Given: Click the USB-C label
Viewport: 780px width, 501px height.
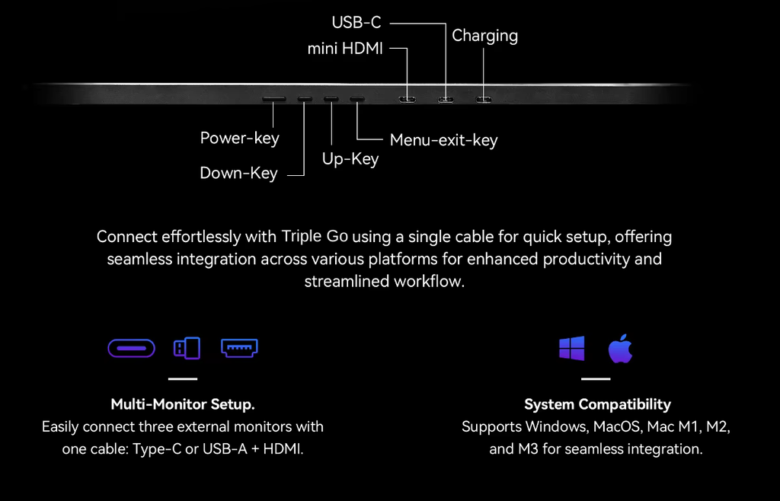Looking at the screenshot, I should point(356,23).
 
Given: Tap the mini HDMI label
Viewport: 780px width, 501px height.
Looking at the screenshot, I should point(344,49).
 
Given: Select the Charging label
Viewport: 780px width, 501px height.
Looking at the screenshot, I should point(484,36).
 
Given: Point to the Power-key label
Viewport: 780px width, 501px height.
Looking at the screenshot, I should point(239,139).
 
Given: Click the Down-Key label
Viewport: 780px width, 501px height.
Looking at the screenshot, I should point(238,174).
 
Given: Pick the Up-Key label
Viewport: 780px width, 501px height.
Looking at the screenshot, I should point(350,159).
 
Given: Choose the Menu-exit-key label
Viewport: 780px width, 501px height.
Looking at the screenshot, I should point(443,140).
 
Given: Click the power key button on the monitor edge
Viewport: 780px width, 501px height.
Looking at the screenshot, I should point(274,99).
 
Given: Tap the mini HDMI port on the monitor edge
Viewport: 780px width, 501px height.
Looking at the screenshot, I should point(408,99).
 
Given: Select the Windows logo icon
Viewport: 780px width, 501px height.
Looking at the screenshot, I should point(571,349).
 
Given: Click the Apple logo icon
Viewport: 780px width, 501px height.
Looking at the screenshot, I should point(620,349).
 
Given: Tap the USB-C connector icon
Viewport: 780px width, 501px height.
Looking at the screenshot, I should point(131,349).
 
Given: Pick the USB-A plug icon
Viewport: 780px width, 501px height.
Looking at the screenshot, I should point(187,349).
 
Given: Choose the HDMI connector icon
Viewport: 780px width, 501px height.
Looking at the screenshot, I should point(239,348).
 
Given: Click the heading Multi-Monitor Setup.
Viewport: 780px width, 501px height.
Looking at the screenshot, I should point(183,404).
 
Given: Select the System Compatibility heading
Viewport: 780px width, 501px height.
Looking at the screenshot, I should point(597,404).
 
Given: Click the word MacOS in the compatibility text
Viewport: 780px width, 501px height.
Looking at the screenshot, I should point(615,426).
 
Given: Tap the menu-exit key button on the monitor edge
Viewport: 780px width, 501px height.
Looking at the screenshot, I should point(357,99).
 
